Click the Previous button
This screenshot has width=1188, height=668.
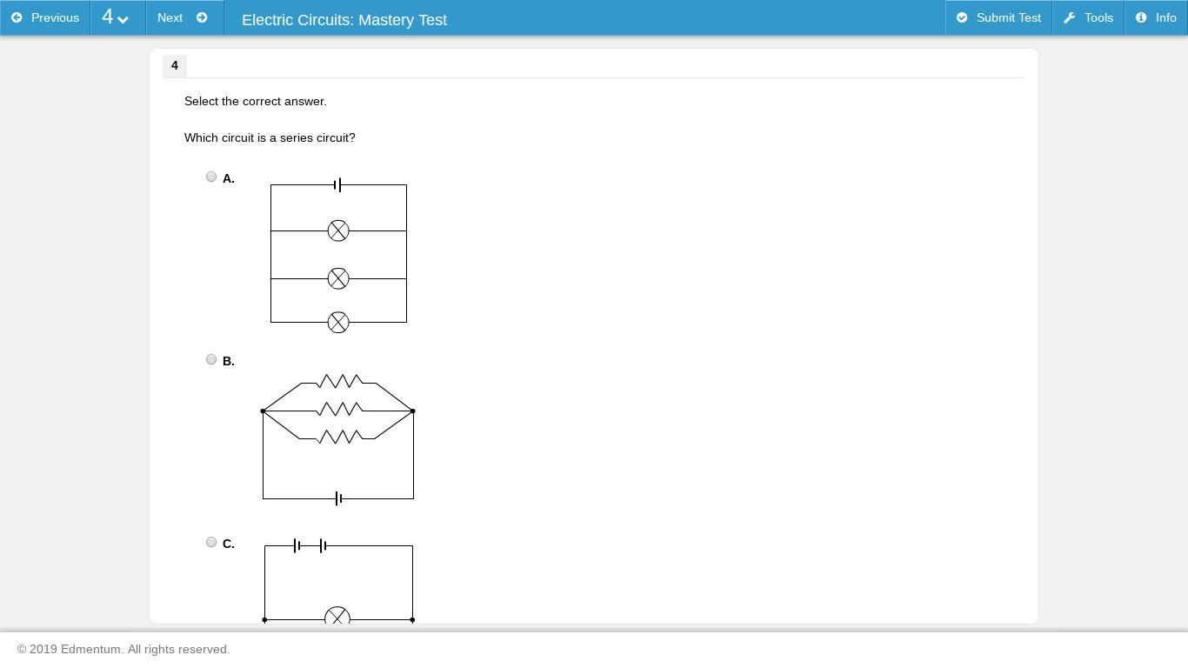45,17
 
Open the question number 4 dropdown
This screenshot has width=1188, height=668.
117,17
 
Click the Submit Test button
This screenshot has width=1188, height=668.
998,17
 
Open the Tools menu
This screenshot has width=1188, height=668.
1088,17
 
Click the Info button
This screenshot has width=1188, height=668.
1156,17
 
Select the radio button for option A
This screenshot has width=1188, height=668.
211,177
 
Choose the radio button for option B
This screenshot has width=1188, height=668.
211,359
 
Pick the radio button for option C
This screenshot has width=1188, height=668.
211,542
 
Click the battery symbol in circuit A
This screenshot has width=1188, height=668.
337,184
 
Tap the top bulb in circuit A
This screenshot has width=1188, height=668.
338,230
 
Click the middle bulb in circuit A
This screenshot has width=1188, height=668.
338,278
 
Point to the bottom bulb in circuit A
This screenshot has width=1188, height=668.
338,322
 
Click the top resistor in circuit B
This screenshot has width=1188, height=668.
340,381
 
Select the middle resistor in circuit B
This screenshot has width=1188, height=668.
340,409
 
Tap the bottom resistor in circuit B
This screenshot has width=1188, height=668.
340,437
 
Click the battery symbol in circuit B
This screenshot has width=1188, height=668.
338,498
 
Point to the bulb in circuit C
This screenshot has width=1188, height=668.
337,617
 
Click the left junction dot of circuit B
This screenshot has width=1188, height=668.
263,411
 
